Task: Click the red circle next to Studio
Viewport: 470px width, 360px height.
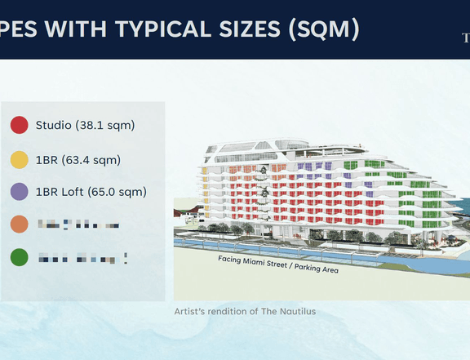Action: pos(20,126)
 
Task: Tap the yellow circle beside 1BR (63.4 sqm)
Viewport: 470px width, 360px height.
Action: pos(20,159)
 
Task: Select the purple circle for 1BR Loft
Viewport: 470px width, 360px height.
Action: pos(20,192)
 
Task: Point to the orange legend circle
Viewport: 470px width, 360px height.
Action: pos(20,224)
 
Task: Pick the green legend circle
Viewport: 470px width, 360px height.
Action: pos(20,258)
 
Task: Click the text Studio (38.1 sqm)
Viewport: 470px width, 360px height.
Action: pos(85,126)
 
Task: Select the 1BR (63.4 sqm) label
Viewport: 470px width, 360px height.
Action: pos(78,159)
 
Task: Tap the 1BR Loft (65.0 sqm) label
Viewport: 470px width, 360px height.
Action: pos(91,192)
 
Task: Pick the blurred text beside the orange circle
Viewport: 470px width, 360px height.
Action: pos(78,224)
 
